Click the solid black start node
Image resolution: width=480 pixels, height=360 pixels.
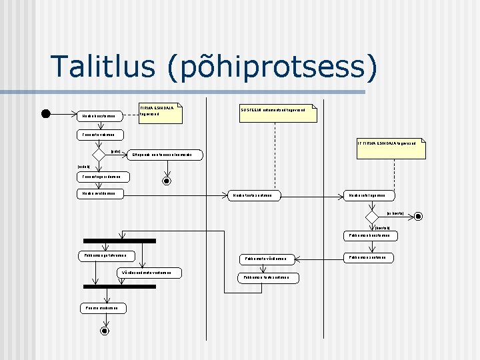45,113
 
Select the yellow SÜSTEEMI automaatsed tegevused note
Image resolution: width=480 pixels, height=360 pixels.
278,113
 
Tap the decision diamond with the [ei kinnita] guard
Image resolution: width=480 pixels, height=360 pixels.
371,216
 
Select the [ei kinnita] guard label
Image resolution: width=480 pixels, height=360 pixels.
395,213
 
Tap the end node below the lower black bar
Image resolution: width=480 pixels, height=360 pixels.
104,330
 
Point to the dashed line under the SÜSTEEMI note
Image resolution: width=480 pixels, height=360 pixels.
275,153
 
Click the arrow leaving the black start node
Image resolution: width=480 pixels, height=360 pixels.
63,113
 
